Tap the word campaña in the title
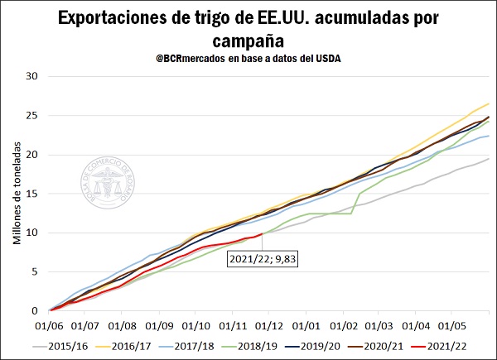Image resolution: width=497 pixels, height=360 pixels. [x=248, y=41]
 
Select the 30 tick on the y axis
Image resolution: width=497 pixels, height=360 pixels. [x=33, y=76]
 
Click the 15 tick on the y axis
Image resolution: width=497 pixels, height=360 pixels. [x=33, y=194]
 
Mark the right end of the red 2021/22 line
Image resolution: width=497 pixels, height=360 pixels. [x=262, y=234]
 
